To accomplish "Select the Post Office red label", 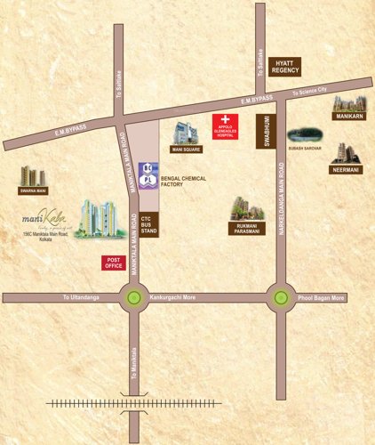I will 113,262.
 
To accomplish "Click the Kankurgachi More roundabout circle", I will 134,298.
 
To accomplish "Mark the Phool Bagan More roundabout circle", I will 281,298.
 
